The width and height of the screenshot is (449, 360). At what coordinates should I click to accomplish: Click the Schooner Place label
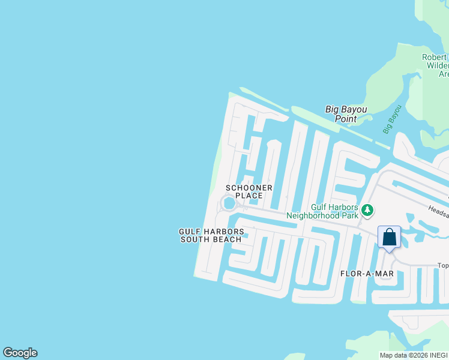click(x=249, y=191)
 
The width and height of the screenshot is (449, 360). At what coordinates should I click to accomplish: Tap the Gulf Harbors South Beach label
click(x=211, y=235)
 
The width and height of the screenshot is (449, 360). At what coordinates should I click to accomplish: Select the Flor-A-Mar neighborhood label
click(x=367, y=274)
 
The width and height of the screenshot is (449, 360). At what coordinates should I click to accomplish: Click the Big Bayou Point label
click(x=346, y=114)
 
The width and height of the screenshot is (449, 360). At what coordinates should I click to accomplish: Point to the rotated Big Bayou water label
click(x=391, y=119)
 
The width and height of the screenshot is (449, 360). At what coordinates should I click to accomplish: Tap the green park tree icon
click(x=367, y=211)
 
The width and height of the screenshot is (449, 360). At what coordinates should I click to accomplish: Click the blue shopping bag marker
click(x=389, y=237)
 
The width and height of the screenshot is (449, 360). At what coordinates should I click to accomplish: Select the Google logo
click(x=20, y=353)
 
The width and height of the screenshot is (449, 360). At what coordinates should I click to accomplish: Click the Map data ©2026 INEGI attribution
click(x=414, y=355)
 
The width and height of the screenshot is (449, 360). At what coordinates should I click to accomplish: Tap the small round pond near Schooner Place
click(x=229, y=204)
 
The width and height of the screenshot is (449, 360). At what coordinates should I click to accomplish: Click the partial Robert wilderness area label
click(x=435, y=65)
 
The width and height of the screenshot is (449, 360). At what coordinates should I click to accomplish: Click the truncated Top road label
click(x=442, y=265)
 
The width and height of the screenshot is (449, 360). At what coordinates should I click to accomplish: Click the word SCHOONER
click(x=249, y=188)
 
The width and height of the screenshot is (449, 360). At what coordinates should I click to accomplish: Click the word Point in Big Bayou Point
click(x=346, y=119)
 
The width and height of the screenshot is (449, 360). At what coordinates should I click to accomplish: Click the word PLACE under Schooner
click(x=249, y=196)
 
